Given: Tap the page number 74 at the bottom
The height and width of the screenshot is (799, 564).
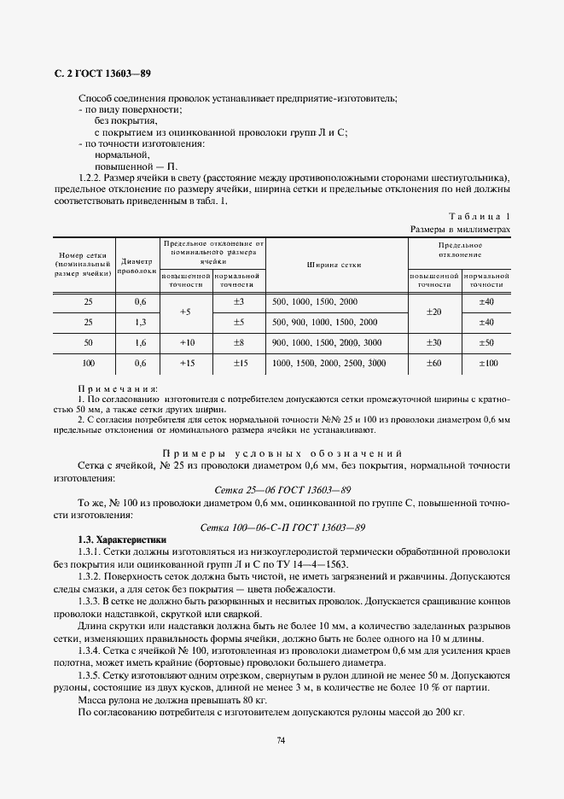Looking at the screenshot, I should coord(282,741).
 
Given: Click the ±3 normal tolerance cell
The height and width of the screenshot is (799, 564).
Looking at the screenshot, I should coord(239,302).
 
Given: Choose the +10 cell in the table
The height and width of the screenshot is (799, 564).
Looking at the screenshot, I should coord(185,342).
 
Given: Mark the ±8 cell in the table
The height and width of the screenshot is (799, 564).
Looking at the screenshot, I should coord(239,342).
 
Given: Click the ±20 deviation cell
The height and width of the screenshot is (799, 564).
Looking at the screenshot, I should coord(433,312).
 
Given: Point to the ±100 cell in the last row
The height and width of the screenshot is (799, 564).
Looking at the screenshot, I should coord(487,363).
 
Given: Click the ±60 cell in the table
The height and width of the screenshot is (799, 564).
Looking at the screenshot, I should coord(433,363).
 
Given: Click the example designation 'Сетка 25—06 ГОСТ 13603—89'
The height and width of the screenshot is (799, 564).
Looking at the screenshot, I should coord(282,490).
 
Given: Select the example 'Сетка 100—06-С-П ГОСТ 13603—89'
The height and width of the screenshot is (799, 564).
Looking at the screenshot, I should coord(282,528).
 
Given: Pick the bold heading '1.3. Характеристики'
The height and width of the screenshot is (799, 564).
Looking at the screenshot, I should coord(122,540).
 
